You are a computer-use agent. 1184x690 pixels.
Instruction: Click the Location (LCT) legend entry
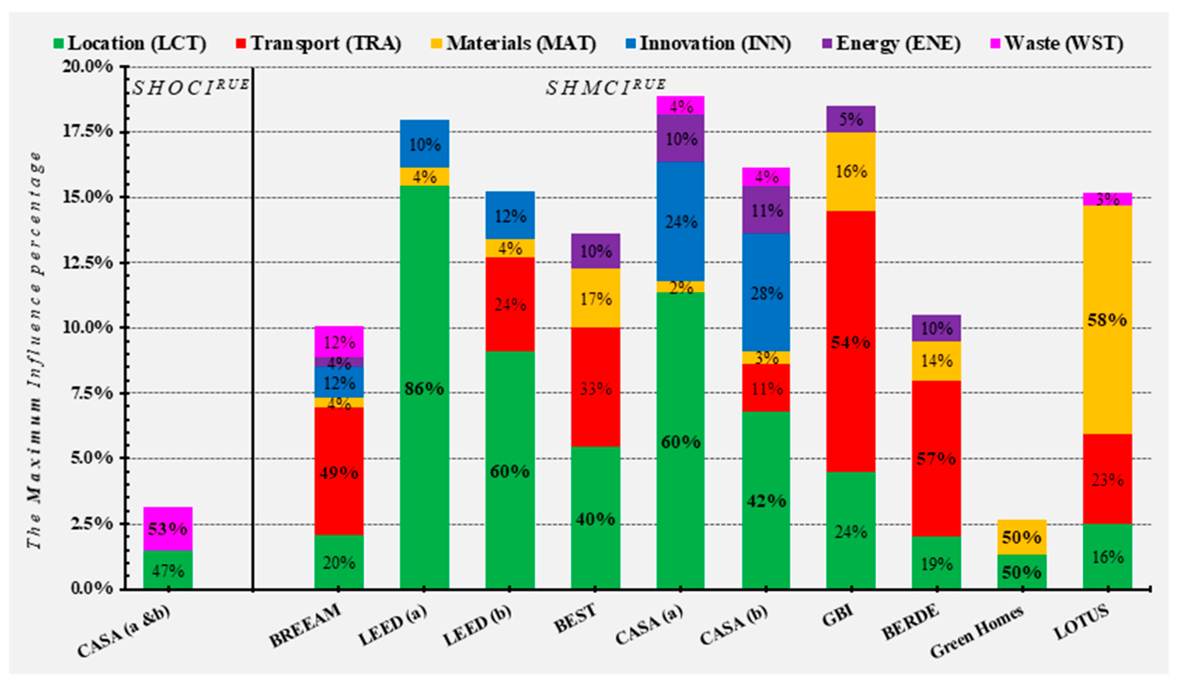coord(130,44)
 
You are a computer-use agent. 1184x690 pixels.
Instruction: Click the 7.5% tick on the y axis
coord(91,393)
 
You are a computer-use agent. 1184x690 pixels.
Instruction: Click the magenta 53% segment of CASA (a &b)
coord(168,529)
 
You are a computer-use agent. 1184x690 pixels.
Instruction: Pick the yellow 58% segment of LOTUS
coord(1107,320)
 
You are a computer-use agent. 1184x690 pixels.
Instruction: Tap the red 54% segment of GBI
coord(850,342)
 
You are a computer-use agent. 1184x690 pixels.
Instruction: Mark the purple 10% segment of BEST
coord(595,251)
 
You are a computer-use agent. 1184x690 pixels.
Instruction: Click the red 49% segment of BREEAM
coord(339,472)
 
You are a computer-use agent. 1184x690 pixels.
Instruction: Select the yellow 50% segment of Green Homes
coord(1021,537)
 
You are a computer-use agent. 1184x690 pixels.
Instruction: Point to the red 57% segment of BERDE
coord(936,458)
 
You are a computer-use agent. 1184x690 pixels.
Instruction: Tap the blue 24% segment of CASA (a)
coord(680,221)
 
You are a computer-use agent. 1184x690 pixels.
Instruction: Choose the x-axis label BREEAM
coord(305,625)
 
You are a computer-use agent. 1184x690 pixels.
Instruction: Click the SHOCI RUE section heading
coord(190,87)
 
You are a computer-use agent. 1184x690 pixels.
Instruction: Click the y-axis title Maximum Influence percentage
coord(34,350)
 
